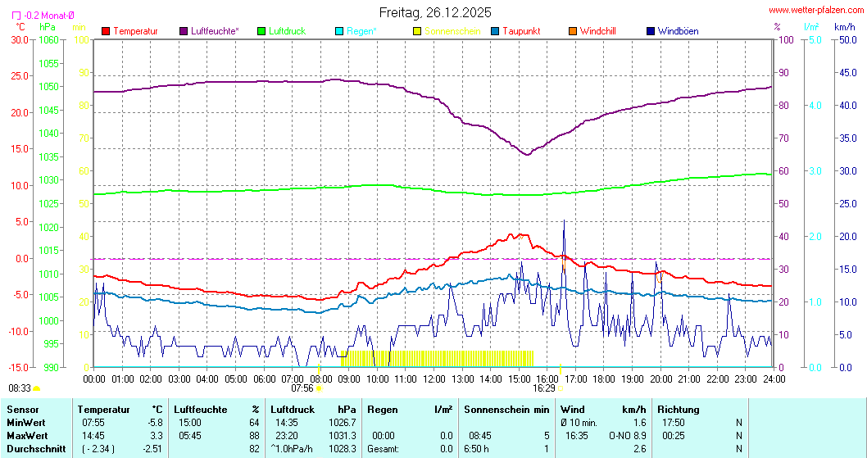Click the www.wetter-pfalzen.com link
click(x=816, y=10)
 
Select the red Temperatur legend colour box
click(x=106, y=31)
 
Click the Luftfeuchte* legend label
click(x=215, y=31)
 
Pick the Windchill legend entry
click(x=597, y=31)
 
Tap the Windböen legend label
click(x=678, y=31)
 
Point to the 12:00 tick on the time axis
click(x=433, y=379)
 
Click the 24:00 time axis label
click(x=774, y=379)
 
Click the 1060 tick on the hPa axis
click(x=48, y=39)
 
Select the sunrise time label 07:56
click(x=302, y=388)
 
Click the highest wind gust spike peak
click(x=564, y=221)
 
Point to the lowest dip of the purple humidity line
click(x=527, y=154)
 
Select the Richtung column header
click(x=679, y=409)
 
